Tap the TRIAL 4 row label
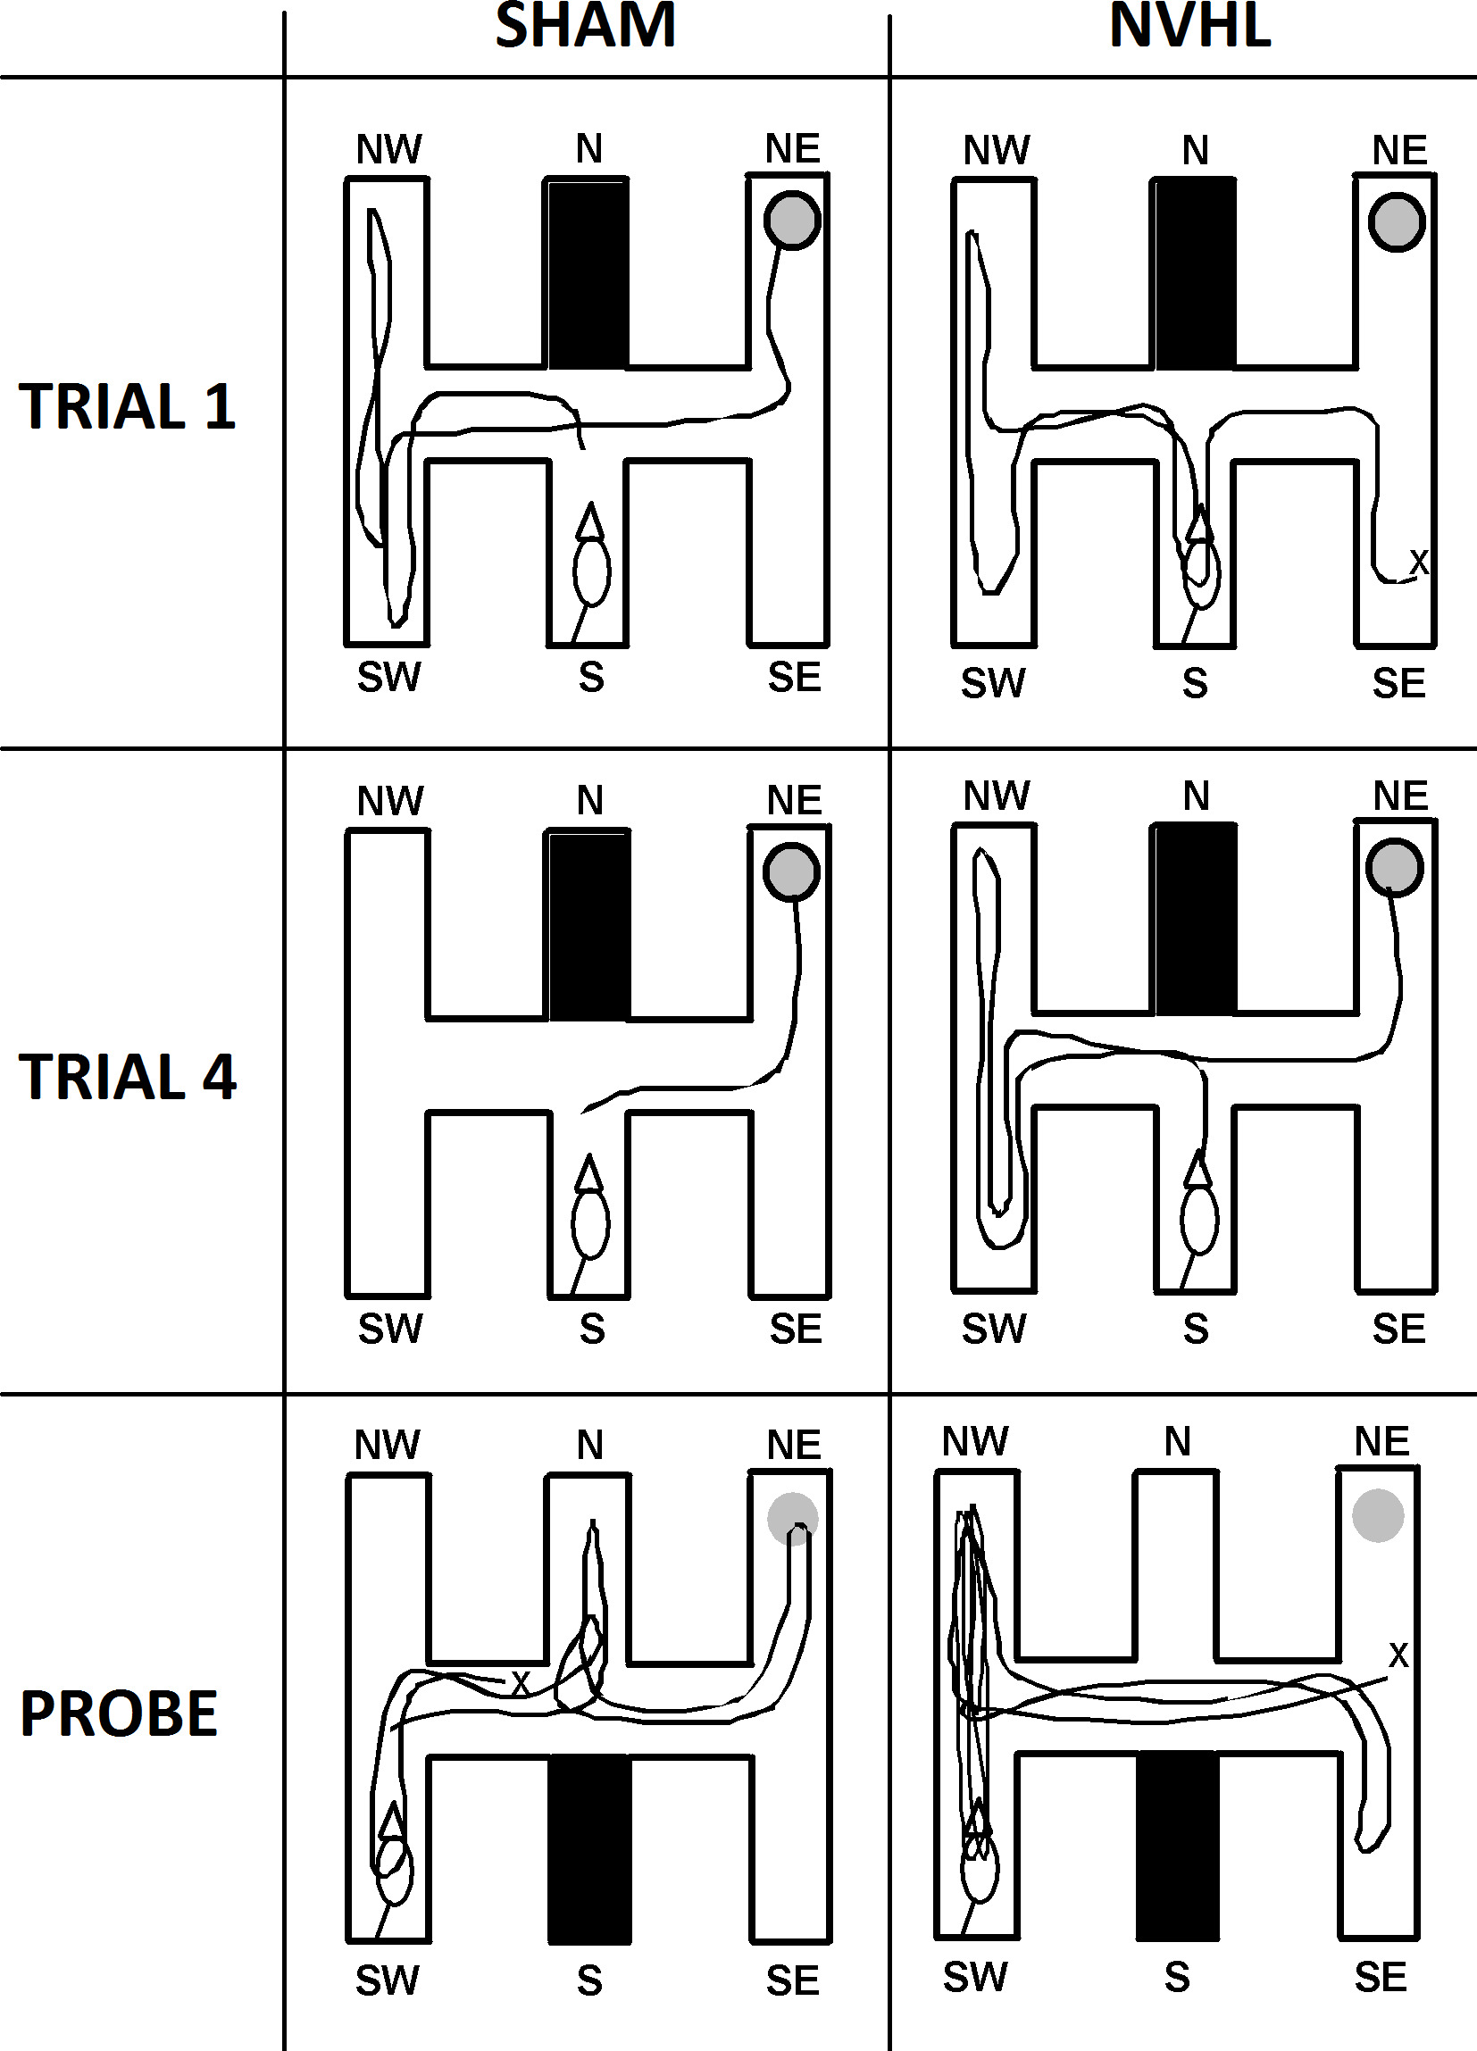[x=127, y=1077]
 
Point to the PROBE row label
[x=119, y=1713]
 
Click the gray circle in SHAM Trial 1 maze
[x=792, y=221]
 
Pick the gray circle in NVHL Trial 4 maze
[x=1395, y=867]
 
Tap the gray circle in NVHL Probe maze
[x=1378, y=1515]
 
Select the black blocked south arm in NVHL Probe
[x=1176, y=1846]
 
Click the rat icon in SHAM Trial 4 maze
[x=589, y=1212]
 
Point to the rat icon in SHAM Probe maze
[x=394, y=1858]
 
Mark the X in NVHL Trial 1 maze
[x=1419, y=562]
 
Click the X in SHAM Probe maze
[x=520, y=1683]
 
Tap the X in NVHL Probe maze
[x=1398, y=1655]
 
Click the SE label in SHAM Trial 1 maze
[x=794, y=678]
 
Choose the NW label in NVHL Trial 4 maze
[x=996, y=796]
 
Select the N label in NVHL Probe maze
[x=1177, y=1441]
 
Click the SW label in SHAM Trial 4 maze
[x=390, y=1329]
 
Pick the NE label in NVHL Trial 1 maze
[x=1399, y=150]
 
